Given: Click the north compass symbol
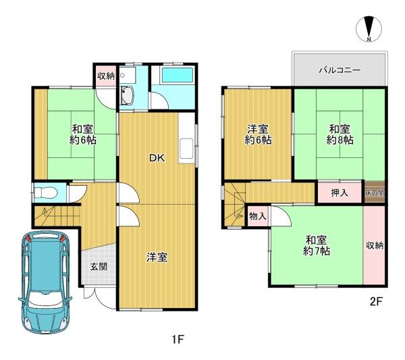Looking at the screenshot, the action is tap(369, 28).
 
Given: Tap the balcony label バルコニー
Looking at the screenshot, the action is tap(340, 70).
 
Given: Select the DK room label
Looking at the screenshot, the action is tap(157, 158).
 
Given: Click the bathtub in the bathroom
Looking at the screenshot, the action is tap(177, 75).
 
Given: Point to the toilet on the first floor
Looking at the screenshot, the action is tap(46, 192).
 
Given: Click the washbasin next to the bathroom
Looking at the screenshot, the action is tap(127, 96).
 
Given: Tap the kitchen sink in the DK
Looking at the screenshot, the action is tap(186, 149).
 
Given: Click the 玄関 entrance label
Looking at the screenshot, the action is tap(99, 266).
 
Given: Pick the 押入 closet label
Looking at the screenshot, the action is tap(340, 192).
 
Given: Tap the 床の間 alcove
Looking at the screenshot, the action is tap(375, 192).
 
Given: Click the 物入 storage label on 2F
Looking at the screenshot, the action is tap(258, 216).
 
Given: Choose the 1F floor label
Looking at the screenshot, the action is tap(178, 339).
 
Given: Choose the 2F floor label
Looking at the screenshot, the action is tap(376, 302).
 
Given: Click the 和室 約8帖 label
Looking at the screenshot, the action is tap(340, 134).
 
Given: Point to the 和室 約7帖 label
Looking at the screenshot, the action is tap(316, 245).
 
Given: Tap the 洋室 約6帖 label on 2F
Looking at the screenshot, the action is tap(258, 134).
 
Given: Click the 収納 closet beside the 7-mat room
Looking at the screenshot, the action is tap(374, 245).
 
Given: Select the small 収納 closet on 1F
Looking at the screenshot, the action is tap(106, 76).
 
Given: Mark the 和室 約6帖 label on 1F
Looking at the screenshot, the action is tap(82, 134).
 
